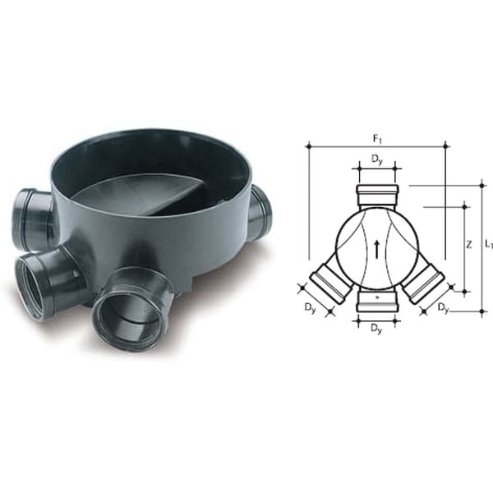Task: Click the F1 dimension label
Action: point(377,139)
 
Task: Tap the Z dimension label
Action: point(469,244)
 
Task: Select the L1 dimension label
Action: point(489,245)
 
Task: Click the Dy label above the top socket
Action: point(377,159)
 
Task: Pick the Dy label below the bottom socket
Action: point(376,329)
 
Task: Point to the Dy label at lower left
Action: point(310,307)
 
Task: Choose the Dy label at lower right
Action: point(444,308)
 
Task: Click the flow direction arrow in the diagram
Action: point(376,250)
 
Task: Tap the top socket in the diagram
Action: point(377,197)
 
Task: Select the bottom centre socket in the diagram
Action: point(377,302)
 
